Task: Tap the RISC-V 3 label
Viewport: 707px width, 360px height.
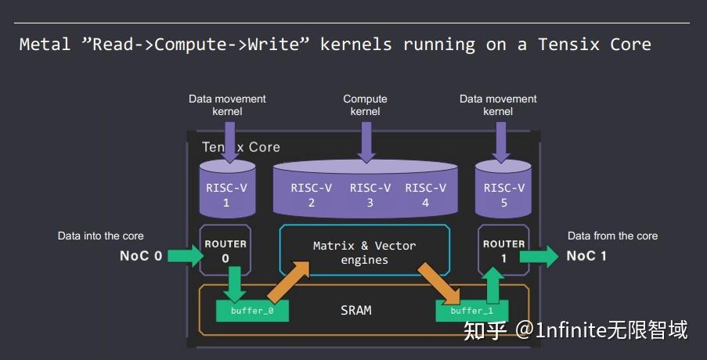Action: (370, 195)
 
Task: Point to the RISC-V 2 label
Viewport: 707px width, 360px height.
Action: (311, 195)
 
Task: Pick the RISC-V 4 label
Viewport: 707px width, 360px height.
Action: (425, 195)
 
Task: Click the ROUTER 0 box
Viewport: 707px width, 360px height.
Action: (225, 250)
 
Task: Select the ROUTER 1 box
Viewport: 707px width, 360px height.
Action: (503, 250)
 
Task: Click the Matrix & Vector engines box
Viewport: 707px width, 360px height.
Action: (364, 252)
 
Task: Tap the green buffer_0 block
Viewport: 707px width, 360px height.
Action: (252, 310)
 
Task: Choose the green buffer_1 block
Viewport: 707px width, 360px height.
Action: (471, 310)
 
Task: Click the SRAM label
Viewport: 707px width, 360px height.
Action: (356, 310)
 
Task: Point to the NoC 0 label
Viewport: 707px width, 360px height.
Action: (141, 255)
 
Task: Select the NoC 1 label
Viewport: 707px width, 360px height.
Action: (587, 255)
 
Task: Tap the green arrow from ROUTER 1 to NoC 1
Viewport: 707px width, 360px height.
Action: (539, 255)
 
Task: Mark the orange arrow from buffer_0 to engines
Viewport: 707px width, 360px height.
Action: (289, 281)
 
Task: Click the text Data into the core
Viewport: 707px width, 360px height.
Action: (101, 236)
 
